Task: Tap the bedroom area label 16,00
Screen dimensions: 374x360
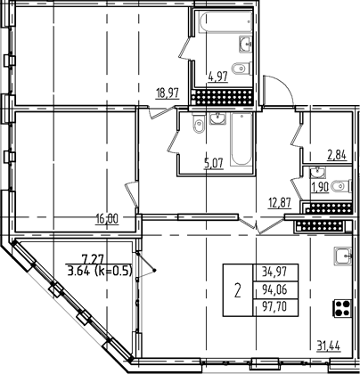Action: [x=107, y=216]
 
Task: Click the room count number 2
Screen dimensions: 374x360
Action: [x=237, y=287]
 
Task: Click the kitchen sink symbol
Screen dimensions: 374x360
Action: [x=341, y=257]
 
